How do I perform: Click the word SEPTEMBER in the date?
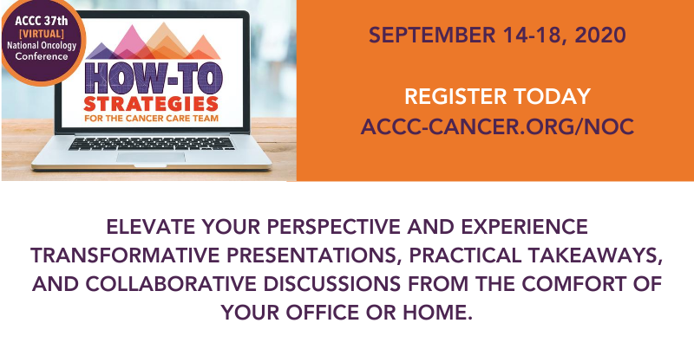pos(432,36)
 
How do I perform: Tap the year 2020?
pos(600,36)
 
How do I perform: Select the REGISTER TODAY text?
pos(497,97)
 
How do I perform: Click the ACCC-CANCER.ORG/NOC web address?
pos(497,126)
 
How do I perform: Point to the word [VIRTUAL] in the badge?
pos(42,34)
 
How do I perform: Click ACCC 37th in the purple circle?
pos(42,21)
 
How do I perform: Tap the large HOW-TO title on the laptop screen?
pos(154,80)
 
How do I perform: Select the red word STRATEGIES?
pos(151,104)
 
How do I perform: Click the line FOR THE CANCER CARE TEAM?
pos(151,119)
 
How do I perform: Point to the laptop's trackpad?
pos(150,157)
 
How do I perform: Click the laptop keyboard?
pos(151,144)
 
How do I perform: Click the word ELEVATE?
pos(151,227)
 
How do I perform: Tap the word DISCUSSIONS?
pos(332,284)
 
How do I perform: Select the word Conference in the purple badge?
pos(42,56)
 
